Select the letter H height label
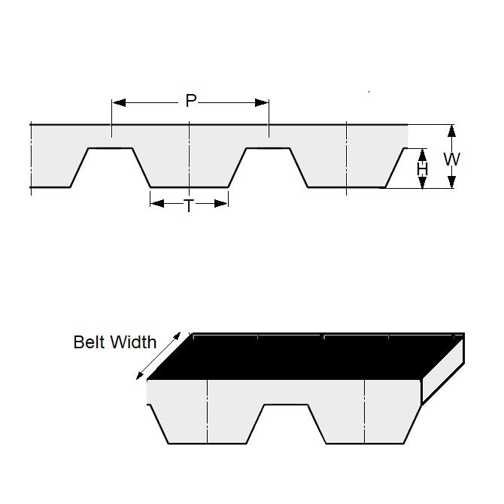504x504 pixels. point(423,170)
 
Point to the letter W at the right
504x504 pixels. point(451,159)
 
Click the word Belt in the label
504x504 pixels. point(90,342)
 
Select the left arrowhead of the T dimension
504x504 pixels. point(155,202)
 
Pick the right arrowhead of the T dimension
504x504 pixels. point(223,202)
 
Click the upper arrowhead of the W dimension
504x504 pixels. point(451,129)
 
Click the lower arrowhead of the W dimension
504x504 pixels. point(451,183)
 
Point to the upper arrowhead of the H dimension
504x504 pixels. point(423,153)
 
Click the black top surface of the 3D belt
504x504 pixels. point(301,357)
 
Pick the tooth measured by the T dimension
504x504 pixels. point(189,169)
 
